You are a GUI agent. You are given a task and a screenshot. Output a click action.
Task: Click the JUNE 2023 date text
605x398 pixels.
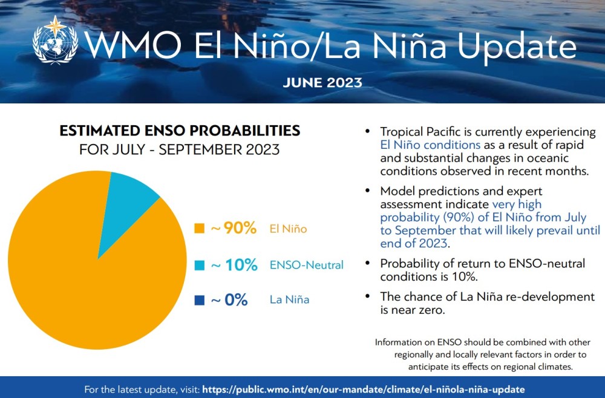click(x=322, y=82)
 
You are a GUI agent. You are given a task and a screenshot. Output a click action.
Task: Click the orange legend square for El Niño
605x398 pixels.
click(x=198, y=229)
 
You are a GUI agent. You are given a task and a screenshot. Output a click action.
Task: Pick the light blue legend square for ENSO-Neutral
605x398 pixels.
click(x=198, y=265)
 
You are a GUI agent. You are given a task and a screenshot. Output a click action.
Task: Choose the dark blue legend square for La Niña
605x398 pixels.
click(x=198, y=299)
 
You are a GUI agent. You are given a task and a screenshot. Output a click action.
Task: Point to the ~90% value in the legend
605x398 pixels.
click(x=234, y=229)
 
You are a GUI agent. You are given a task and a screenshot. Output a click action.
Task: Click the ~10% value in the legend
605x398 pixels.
click(x=234, y=265)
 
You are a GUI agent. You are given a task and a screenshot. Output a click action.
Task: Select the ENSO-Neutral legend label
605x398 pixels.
click(x=307, y=265)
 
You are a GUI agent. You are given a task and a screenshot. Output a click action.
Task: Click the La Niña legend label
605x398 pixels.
click(x=289, y=299)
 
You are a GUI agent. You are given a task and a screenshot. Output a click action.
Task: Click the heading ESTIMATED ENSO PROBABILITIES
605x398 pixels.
click(x=179, y=130)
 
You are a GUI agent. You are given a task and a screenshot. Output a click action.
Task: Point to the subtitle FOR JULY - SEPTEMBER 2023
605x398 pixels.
click(x=179, y=149)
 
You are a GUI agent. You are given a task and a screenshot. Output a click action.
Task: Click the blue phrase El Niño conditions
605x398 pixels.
click(x=430, y=145)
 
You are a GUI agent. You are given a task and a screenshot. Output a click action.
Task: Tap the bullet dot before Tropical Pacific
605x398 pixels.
click(x=367, y=131)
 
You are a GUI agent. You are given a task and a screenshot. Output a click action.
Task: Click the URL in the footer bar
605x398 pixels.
click(x=363, y=389)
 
